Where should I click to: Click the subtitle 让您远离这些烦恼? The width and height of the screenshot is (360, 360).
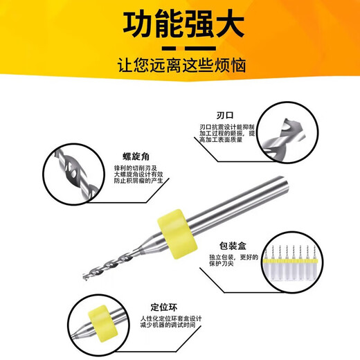(x=180, y=66)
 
